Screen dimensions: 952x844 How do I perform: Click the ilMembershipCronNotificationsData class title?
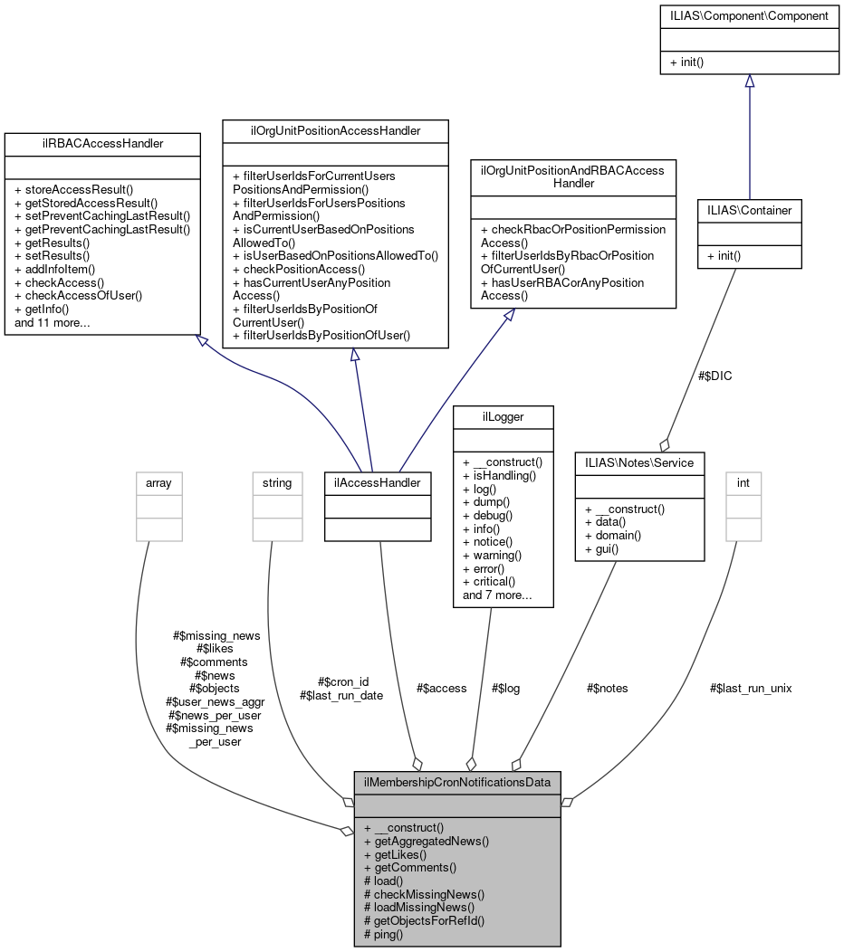(457, 781)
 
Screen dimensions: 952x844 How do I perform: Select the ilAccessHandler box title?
(378, 483)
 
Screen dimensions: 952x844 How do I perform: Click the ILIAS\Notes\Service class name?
(639, 462)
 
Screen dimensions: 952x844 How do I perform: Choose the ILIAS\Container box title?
(749, 210)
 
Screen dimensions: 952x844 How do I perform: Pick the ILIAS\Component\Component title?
(748, 15)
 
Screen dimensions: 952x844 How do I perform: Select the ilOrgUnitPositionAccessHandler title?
(335, 130)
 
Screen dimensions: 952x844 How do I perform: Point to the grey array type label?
(158, 483)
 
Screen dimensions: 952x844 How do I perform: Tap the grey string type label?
(277, 483)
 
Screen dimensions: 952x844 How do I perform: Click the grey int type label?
(743, 483)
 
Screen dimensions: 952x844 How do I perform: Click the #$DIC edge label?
(715, 376)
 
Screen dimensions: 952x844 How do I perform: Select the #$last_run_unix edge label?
(751, 688)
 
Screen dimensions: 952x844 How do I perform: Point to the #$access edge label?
(441, 688)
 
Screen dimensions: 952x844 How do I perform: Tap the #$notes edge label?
(607, 688)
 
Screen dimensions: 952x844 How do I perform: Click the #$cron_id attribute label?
(343, 681)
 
